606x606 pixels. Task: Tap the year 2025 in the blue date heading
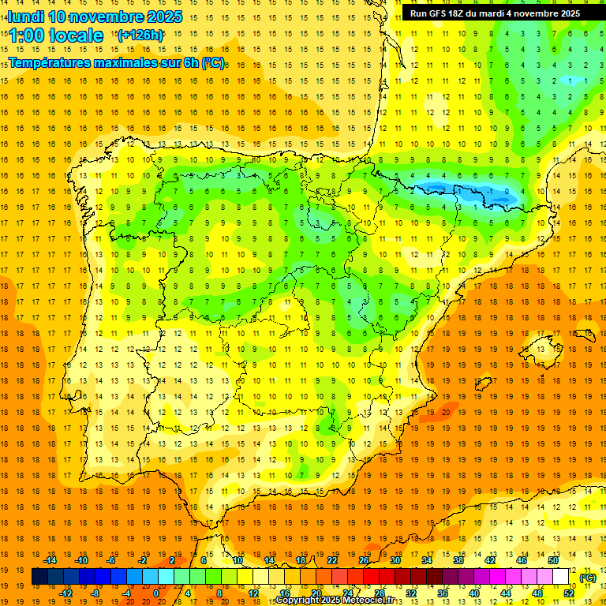tap(163, 17)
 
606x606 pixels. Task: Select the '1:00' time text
tap(25, 36)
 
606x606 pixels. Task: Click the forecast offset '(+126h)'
tap(140, 35)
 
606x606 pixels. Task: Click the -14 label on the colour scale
tap(50, 560)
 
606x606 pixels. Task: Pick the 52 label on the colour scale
tap(570, 593)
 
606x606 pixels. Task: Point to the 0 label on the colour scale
tap(156, 593)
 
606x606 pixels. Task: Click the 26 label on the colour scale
tap(364, 560)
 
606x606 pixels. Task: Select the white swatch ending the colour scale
tap(561, 577)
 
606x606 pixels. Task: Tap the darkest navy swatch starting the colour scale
tap(39, 577)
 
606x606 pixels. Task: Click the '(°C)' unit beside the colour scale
tap(588, 578)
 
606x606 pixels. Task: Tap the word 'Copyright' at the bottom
tap(298, 600)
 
